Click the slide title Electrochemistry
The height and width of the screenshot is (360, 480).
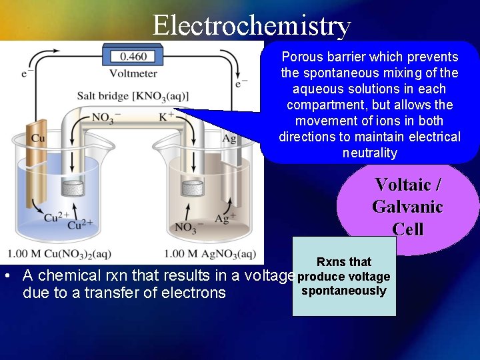pos(251,25)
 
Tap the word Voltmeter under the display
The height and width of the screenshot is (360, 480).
pos(133,73)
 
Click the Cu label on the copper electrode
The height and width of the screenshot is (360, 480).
pos(39,138)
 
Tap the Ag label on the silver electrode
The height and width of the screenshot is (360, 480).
pos(229,139)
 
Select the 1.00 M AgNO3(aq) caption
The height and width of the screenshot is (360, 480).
pos(209,253)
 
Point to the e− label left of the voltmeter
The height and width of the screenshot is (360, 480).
pos(27,73)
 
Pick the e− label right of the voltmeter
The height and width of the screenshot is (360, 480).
pos(241,84)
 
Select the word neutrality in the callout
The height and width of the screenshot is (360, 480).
pos(369,153)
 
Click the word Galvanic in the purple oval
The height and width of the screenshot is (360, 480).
pos(407,207)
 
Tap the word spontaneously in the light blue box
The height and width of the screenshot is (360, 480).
pos(343,291)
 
